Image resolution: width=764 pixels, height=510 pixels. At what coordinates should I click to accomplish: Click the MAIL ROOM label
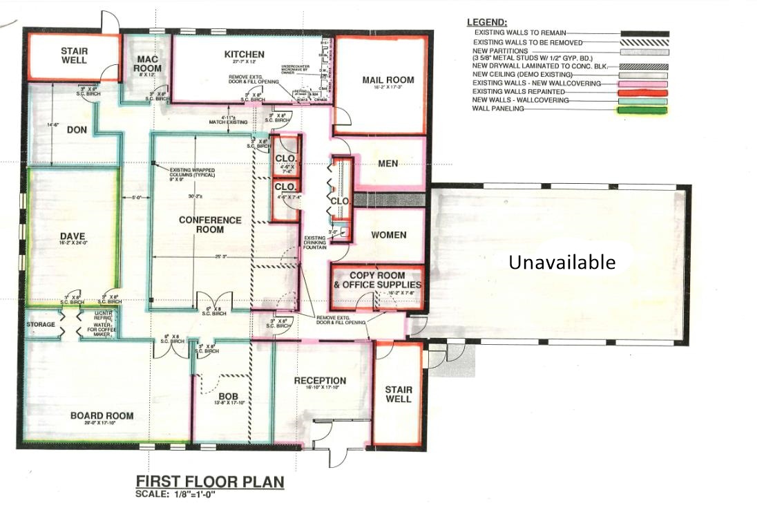click(388, 80)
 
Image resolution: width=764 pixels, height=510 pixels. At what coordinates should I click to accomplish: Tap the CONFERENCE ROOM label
click(210, 225)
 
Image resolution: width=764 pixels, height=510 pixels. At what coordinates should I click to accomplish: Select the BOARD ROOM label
click(102, 415)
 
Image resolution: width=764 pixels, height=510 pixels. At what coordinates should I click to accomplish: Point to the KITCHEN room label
click(245, 55)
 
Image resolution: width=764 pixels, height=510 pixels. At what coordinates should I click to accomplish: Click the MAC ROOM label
click(148, 64)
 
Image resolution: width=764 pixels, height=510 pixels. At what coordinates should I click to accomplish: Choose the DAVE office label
click(72, 236)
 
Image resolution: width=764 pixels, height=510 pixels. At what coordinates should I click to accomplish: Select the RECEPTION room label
click(320, 381)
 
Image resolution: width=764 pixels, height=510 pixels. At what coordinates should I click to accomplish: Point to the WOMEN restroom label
click(388, 235)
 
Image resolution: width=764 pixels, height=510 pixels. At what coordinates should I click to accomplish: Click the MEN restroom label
click(388, 164)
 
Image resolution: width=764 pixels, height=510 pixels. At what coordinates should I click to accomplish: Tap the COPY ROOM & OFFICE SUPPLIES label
click(376, 280)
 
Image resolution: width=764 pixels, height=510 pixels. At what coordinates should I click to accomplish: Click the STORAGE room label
click(40, 324)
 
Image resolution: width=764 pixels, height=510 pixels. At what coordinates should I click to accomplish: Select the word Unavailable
click(562, 262)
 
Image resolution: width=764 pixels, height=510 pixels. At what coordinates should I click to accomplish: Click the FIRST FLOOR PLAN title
click(209, 481)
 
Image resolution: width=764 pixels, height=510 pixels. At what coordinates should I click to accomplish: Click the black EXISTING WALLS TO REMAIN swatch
click(644, 33)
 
